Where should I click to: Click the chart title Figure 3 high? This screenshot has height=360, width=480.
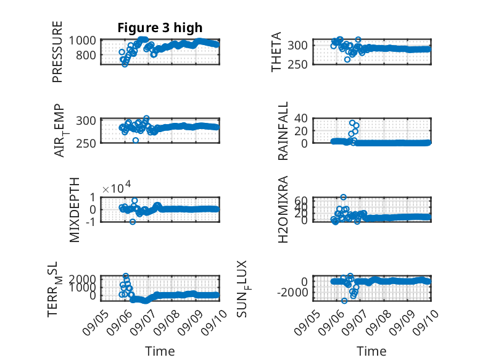click(160, 28)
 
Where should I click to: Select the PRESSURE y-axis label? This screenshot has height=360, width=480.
click(57, 52)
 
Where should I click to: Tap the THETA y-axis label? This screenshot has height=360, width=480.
click(276, 52)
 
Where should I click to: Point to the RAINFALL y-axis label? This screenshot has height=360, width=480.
click(283, 131)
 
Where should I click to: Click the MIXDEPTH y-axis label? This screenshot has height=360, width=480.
click(75, 210)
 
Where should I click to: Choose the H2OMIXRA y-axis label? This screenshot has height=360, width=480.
click(283, 209)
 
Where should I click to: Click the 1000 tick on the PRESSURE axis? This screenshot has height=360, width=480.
click(82, 40)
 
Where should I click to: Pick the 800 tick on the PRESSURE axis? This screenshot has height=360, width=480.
click(86, 56)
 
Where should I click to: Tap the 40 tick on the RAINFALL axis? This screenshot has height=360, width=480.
click(300, 118)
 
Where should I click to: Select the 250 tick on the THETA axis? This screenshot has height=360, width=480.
click(297, 64)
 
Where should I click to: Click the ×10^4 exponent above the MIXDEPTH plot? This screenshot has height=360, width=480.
click(117, 187)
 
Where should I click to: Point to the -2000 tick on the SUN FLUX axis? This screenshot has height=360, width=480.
click(292, 293)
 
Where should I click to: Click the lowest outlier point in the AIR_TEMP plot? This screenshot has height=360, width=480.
click(136, 140)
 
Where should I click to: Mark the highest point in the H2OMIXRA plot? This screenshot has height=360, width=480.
click(344, 198)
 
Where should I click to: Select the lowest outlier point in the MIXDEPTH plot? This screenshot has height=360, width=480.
click(133, 222)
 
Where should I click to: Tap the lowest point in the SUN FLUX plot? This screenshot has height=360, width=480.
click(344, 301)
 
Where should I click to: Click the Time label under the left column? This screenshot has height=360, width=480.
click(160, 351)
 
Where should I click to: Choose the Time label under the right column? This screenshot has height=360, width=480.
click(371, 351)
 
